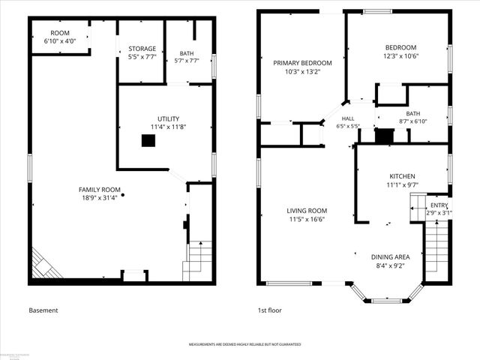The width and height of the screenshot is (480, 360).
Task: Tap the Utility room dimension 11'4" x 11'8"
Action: click(168, 127)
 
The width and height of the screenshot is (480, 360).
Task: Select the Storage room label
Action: click(142, 49)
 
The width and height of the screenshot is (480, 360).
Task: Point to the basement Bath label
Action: click(187, 53)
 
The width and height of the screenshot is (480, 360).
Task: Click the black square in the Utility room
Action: click(148, 139)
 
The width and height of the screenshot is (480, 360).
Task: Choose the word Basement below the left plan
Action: click(43, 310)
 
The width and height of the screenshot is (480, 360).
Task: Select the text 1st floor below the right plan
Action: click(271, 310)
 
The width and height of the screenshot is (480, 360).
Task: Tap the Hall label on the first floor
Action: click(348, 118)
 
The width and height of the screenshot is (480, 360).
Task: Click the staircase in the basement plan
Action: click(199, 259)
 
